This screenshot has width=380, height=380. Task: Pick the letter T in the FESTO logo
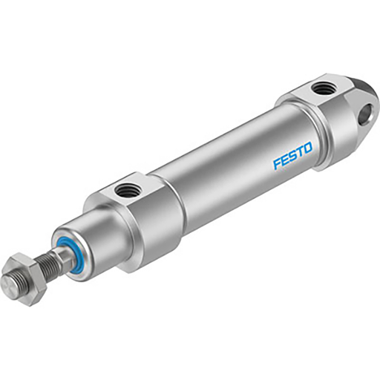[x=301, y=154]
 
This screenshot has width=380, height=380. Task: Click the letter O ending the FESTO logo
[x=309, y=151]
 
